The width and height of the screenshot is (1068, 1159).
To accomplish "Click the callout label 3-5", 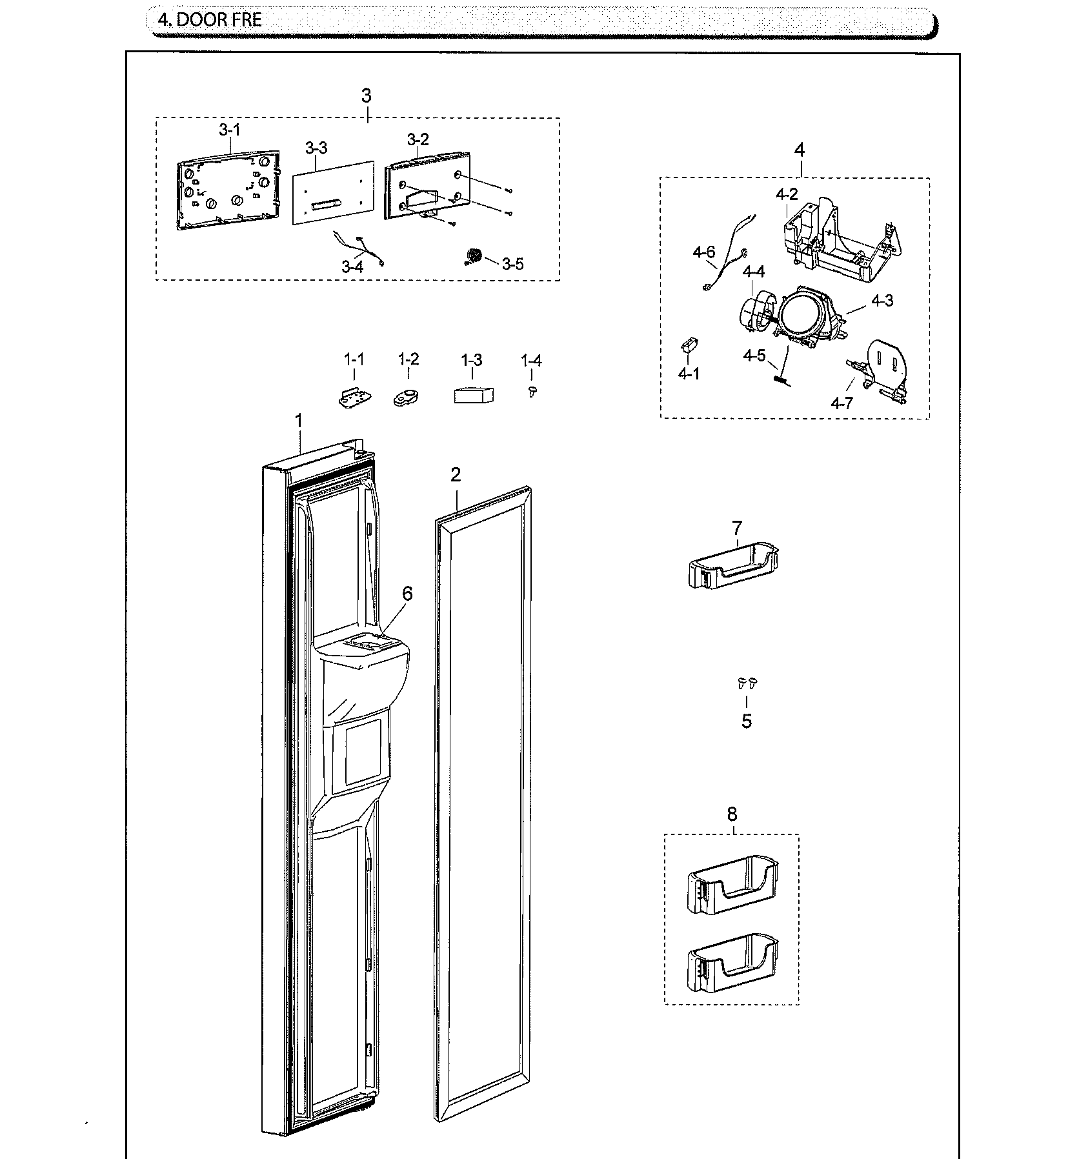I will click(x=512, y=264).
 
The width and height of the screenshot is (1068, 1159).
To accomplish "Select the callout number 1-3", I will click(x=471, y=360).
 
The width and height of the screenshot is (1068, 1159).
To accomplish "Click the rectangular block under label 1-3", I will click(x=473, y=395).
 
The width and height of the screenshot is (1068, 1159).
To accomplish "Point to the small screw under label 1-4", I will click(x=532, y=390).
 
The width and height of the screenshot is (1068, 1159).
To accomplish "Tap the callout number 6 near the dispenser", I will click(x=407, y=593).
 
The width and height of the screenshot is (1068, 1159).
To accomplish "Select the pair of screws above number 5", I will click(x=747, y=683).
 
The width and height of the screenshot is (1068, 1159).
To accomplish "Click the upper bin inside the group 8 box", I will click(x=732, y=883).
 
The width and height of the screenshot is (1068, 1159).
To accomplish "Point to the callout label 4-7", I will click(x=841, y=403).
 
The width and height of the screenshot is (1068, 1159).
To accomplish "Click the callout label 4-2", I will click(x=787, y=194).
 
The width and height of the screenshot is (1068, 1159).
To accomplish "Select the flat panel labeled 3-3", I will click(x=333, y=193).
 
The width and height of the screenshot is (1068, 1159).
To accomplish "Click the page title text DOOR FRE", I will click(x=210, y=20).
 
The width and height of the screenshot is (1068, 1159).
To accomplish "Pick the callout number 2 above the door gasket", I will click(x=456, y=475).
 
